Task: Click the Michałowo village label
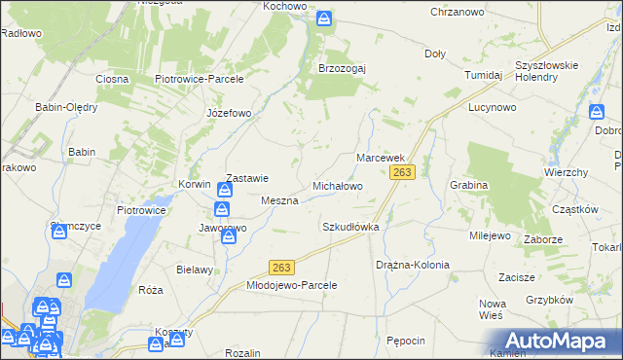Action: point(337,185)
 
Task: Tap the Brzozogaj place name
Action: point(342,68)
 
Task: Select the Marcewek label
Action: point(380,157)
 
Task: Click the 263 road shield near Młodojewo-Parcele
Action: point(281,268)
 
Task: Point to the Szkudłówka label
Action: point(349,227)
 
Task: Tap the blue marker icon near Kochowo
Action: point(324,18)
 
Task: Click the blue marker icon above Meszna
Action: point(223,188)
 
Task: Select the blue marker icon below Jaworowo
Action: point(228,236)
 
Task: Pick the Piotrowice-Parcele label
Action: point(199,79)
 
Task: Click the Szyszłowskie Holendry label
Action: point(547,71)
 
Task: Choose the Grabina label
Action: point(467,184)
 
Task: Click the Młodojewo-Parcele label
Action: point(291,285)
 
